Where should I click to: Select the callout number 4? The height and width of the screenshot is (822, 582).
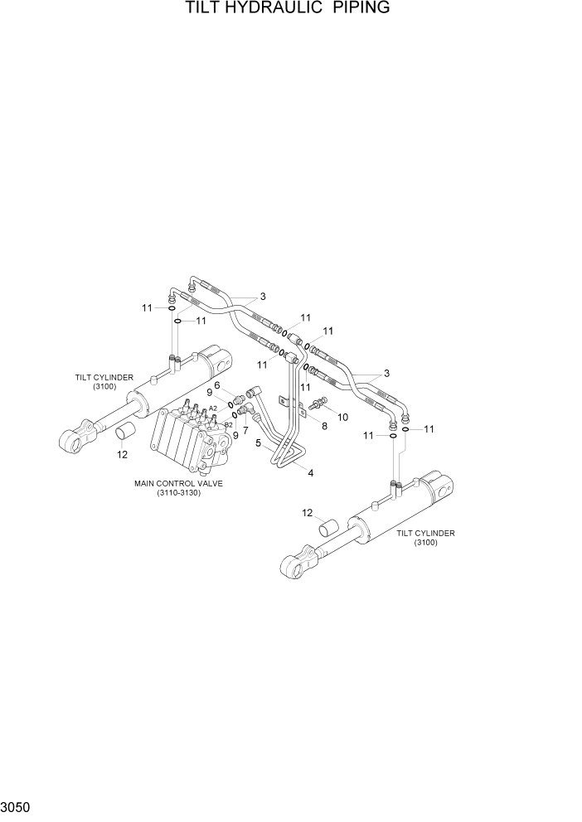pos(310,473)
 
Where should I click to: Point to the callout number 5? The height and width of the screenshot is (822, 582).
pos(258,443)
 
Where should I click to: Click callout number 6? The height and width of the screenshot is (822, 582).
pos(217,384)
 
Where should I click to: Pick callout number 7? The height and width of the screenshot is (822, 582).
pos(245,430)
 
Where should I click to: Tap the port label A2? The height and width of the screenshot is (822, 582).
pos(213,409)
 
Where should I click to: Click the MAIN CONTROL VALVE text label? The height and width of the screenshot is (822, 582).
pos(178,482)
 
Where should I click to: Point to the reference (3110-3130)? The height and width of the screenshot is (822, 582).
pos(178,493)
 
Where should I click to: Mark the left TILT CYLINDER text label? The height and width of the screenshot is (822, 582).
pos(104,377)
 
